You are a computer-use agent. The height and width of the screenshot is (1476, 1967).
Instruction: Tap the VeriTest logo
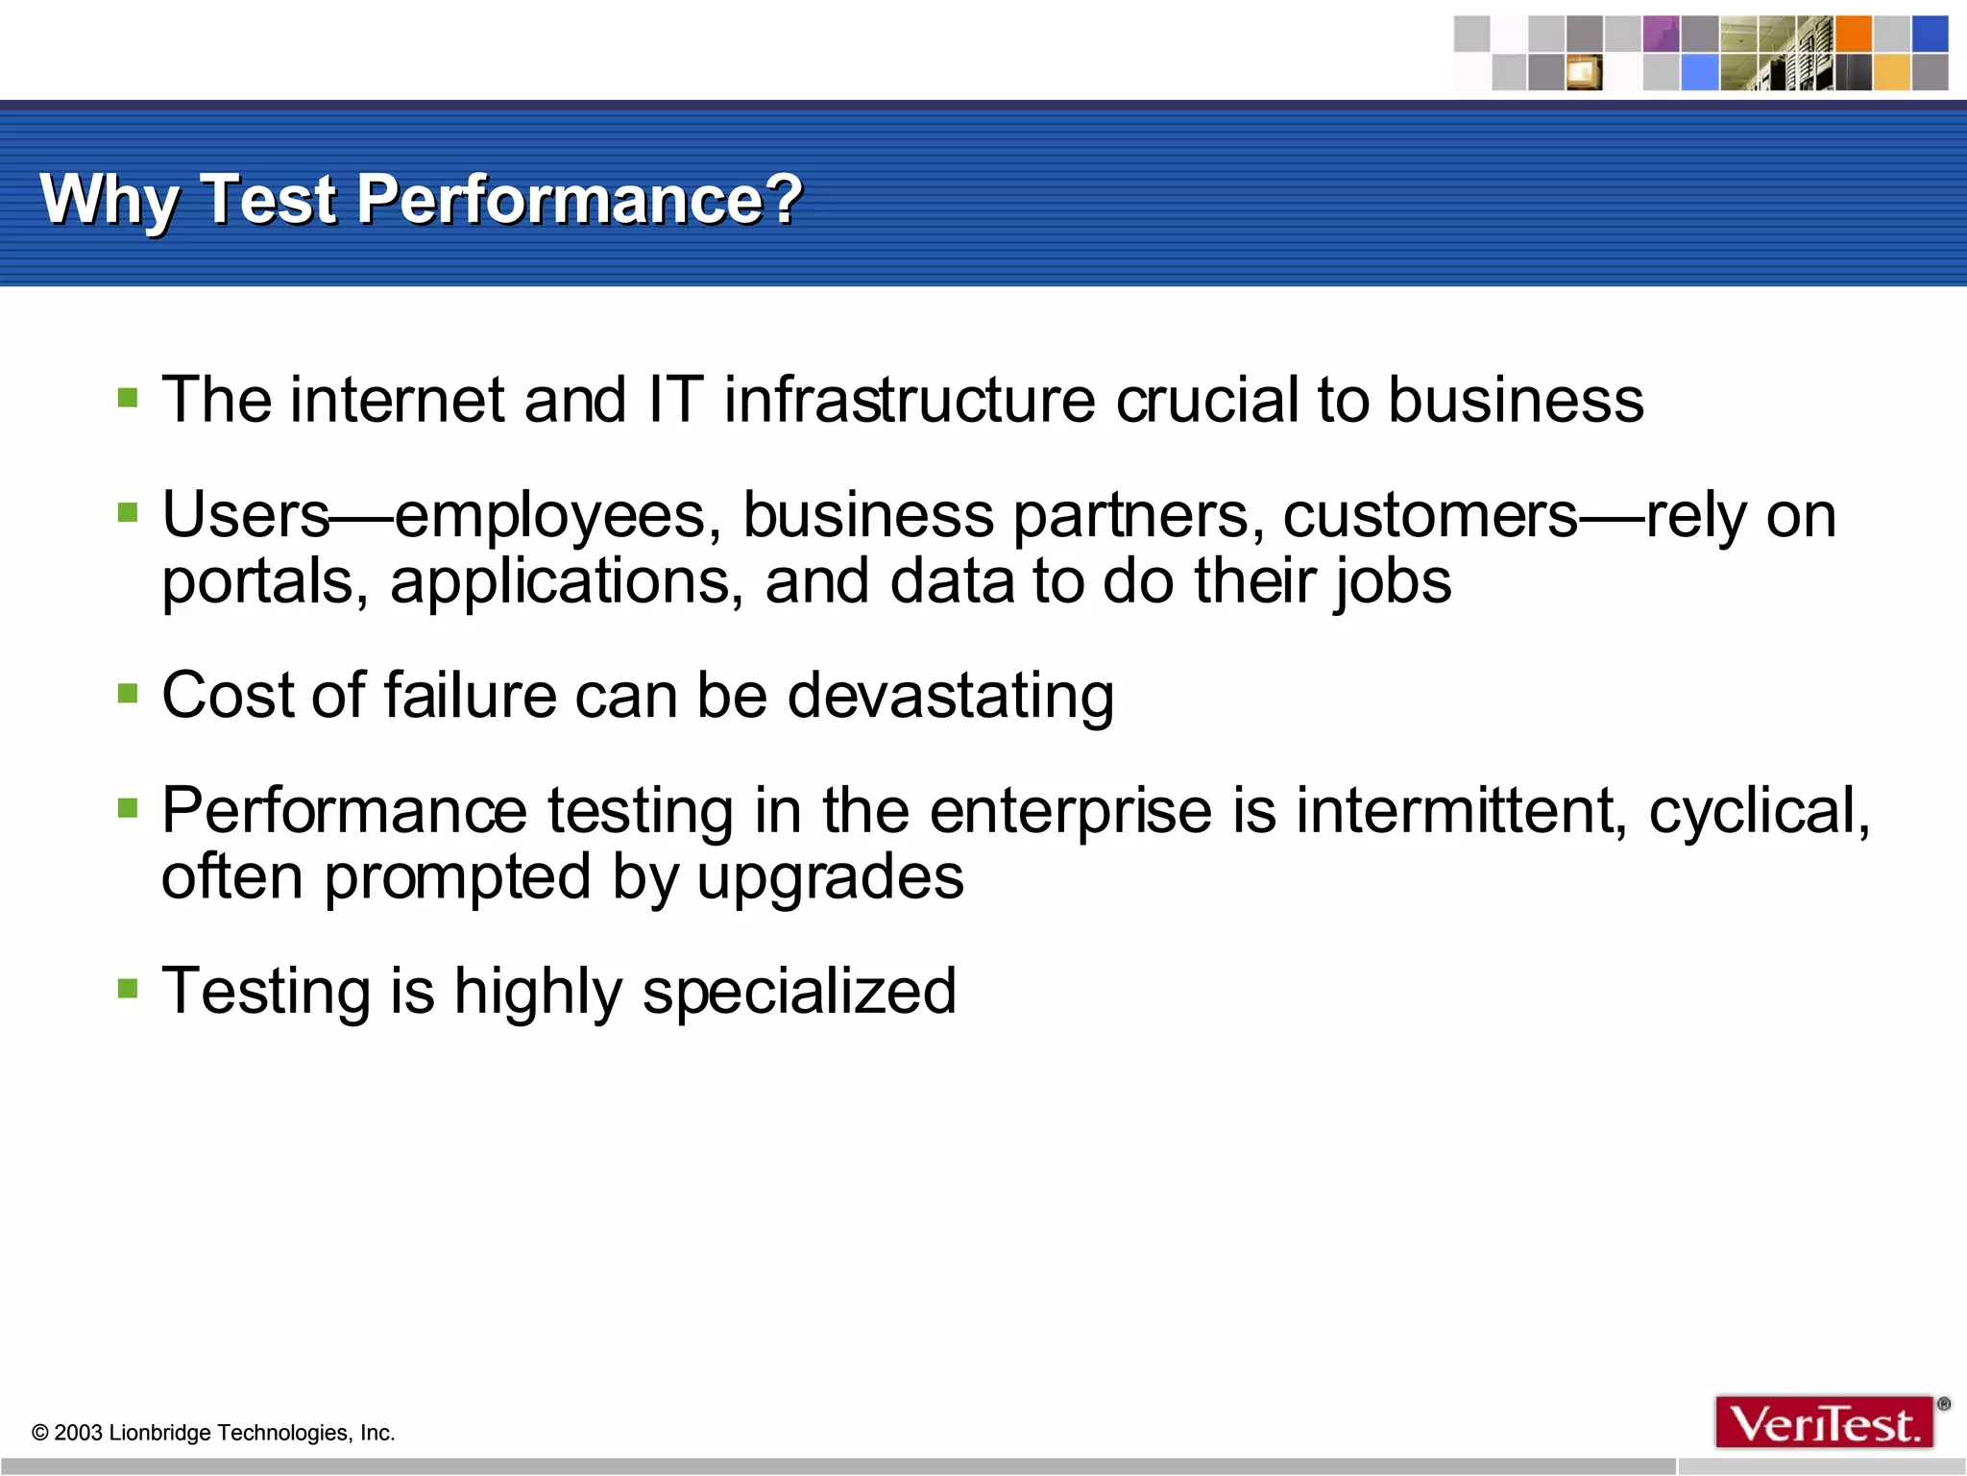(1824, 1423)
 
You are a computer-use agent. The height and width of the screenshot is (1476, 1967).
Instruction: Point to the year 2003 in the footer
(78, 1433)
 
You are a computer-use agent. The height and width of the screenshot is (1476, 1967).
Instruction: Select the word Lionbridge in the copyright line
(159, 1433)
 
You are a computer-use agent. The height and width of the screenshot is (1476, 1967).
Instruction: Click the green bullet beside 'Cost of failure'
(128, 692)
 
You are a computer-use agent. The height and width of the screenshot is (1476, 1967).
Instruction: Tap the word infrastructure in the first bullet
(909, 400)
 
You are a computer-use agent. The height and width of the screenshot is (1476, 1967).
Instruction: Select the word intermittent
(1461, 810)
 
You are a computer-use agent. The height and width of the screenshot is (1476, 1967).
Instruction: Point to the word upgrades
(830, 878)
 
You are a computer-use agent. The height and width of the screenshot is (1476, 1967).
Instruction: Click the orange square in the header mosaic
(1854, 34)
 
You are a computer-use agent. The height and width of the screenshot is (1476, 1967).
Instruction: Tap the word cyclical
(1759, 812)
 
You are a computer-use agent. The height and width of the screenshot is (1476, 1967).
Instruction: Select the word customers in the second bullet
(1430, 517)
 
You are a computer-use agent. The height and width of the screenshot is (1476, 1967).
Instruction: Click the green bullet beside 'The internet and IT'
(128, 397)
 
